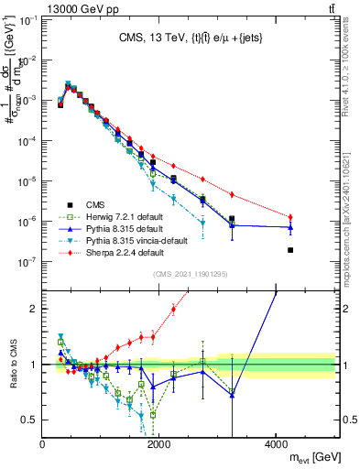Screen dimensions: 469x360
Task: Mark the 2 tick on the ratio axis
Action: click(x=35, y=309)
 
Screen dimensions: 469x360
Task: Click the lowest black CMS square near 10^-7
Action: click(x=290, y=250)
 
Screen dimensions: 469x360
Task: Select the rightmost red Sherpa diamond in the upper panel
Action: click(x=290, y=217)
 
